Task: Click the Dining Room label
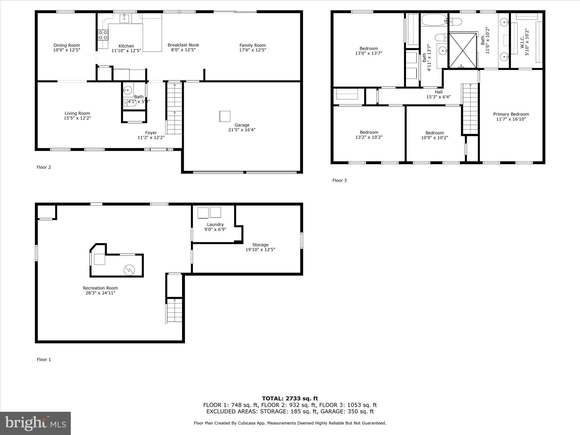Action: coord(67,45)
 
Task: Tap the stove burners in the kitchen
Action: coord(103,35)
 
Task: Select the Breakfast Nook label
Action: coord(183,45)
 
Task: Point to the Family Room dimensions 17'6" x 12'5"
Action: coord(253,50)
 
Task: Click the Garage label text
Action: coord(242,125)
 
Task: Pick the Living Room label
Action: coord(77,113)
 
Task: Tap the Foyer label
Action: coord(151,133)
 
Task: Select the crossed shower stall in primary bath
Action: coord(463,50)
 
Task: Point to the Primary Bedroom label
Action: coord(511,114)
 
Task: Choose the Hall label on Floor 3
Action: coord(438,92)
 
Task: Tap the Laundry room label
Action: coord(215,225)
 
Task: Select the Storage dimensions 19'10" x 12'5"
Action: coord(260,250)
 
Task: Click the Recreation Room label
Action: coord(100,288)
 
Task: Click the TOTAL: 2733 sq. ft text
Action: coord(290,398)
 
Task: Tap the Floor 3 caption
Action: coord(339,180)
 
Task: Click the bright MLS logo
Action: coord(35,423)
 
